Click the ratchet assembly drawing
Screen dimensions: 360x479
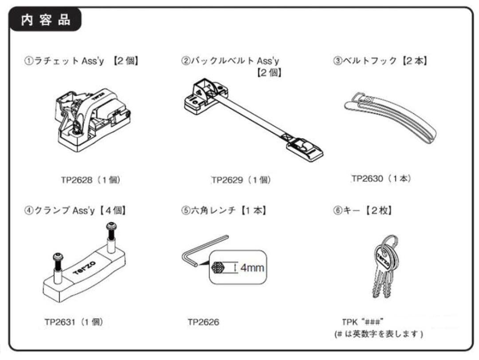click(93, 117)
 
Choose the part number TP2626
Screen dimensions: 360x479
click(203, 322)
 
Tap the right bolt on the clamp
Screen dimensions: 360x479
click(110, 237)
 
